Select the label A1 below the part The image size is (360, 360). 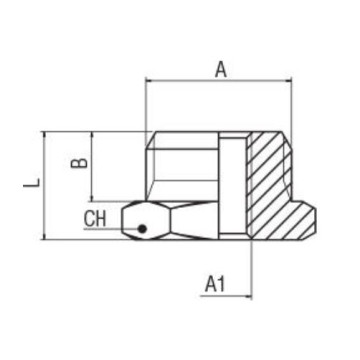(x=214, y=284)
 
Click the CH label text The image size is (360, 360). (x=96, y=219)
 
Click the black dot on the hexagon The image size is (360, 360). (x=143, y=228)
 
